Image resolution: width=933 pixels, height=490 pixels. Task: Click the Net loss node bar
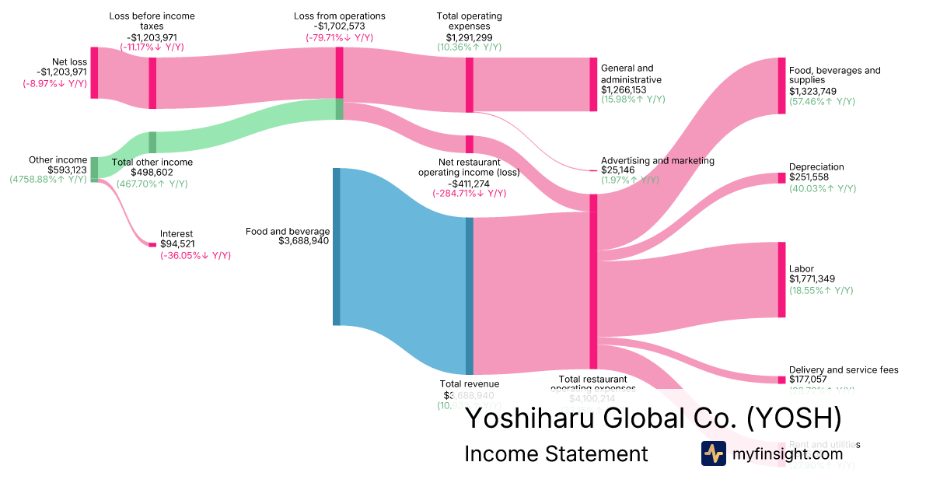94,72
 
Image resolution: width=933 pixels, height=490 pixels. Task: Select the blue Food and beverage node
337,246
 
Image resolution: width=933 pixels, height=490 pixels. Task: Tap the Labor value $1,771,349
815,279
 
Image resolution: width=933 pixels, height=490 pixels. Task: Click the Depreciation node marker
781,178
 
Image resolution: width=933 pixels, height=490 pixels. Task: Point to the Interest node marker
152,245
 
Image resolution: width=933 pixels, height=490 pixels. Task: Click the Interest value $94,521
177,244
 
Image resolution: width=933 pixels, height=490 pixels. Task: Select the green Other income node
94,169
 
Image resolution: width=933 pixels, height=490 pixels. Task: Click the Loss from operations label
339,16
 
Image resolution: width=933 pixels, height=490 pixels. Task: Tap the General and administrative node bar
594,84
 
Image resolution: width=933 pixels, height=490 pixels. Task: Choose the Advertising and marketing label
657,160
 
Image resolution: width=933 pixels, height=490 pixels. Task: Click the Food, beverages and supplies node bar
781,86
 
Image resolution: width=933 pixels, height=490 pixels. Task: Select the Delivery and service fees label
843,369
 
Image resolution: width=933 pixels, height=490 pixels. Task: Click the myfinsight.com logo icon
713,453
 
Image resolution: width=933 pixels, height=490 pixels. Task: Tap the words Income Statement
555,453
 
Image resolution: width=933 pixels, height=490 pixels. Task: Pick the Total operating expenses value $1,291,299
469,37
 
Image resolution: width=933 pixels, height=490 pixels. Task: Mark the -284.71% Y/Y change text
469,193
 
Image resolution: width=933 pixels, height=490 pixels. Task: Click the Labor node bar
781,280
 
